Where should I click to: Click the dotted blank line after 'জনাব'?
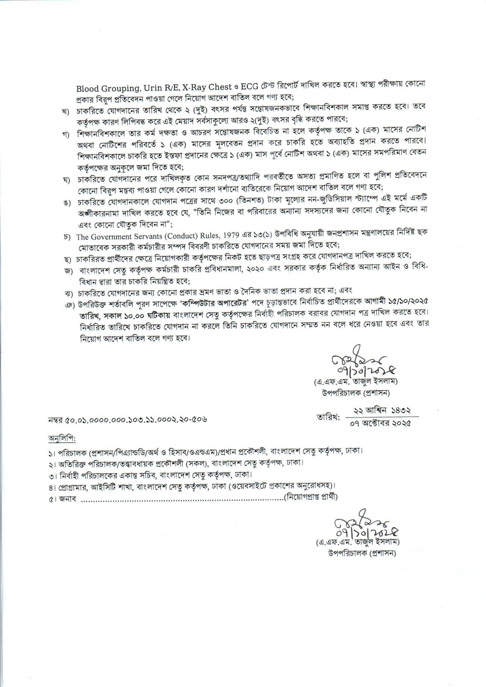pos(182,497)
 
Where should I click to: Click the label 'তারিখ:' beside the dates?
pos(328,417)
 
